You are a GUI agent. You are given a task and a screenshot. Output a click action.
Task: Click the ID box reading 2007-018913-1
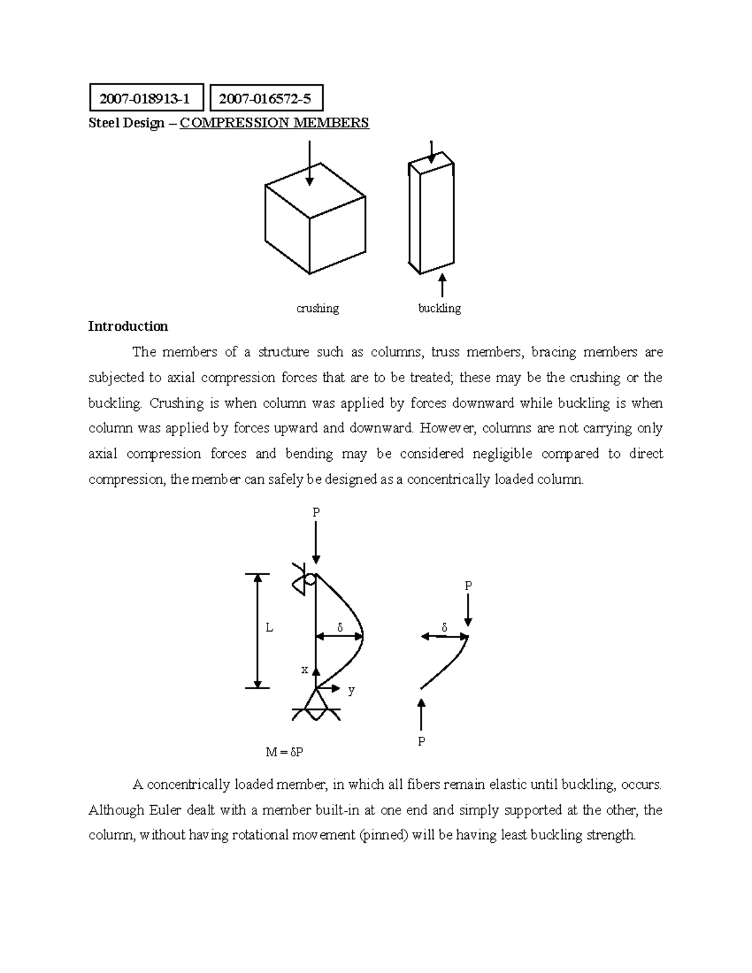[x=146, y=98]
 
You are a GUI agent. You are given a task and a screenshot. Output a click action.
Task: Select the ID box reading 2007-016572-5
[x=266, y=98]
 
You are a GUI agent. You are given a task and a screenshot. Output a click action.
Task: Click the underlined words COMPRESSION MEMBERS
[x=274, y=123]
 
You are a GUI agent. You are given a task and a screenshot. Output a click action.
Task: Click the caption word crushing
[x=317, y=308]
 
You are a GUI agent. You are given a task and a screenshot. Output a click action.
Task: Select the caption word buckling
[x=439, y=308]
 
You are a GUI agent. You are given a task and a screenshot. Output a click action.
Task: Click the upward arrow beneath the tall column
[x=442, y=286]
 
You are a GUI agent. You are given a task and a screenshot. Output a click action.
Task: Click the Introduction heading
[x=128, y=326]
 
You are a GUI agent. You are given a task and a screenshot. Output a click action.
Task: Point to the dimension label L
[x=269, y=628]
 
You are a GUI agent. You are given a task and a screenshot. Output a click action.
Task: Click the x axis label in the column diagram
[x=305, y=670]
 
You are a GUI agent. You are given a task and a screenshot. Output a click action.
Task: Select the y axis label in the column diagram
[x=352, y=690]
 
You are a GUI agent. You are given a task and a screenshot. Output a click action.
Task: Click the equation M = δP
[x=285, y=752]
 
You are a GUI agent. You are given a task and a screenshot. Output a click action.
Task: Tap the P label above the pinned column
[x=316, y=512]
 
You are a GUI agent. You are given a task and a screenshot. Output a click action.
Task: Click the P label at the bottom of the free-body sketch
[x=422, y=742]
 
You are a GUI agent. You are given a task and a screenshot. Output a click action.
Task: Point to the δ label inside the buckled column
[x=340, y=627]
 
